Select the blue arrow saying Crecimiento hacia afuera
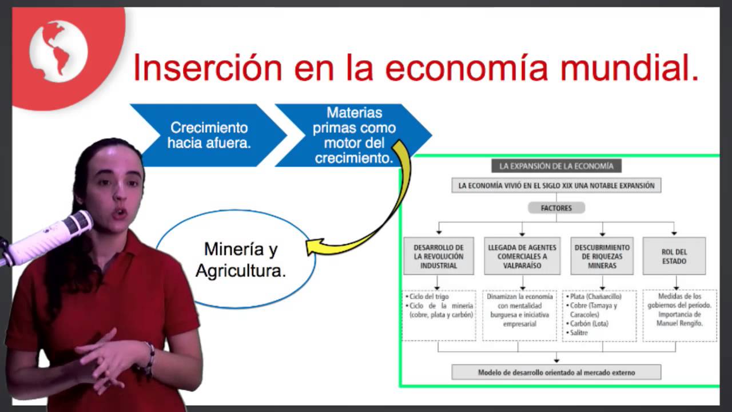tap(209, 135)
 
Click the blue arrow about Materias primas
tap(355, 135)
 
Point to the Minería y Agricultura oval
tap(240, 260)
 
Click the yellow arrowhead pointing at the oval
tap(313, 247)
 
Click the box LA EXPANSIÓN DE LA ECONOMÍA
tap(556, 166)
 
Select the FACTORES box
tap(556, 208)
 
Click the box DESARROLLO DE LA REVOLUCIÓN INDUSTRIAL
tap(439, 256)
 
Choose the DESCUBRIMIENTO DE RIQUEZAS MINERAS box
tap(602, 256)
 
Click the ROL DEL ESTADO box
tap(674, 256)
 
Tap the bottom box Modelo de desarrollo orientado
tap(556, 373)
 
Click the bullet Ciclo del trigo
tap(429, 297)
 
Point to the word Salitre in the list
tap(579, 332)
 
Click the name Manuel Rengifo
tap(679, 323)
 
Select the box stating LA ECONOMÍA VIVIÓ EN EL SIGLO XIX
tap(556, 185)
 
